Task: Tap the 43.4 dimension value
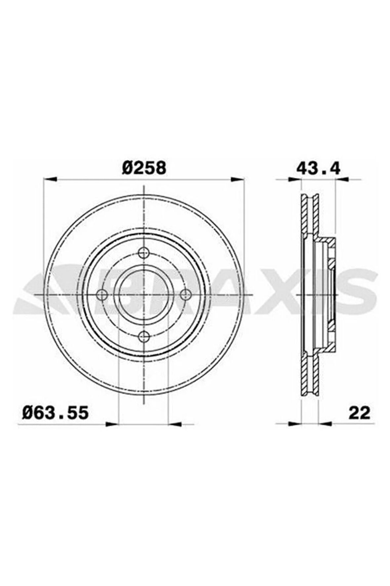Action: [x=318, y=168]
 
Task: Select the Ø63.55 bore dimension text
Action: [x=55, y=413]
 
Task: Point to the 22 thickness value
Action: [x=359, y=413]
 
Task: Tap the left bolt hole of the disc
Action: [x=102, y=294]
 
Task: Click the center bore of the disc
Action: [x=143, y=294]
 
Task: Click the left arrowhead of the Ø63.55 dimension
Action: [x=112, y=423]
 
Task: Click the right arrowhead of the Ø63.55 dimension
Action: [x=175, y=423]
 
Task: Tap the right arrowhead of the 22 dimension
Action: [x=326, y=423]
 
